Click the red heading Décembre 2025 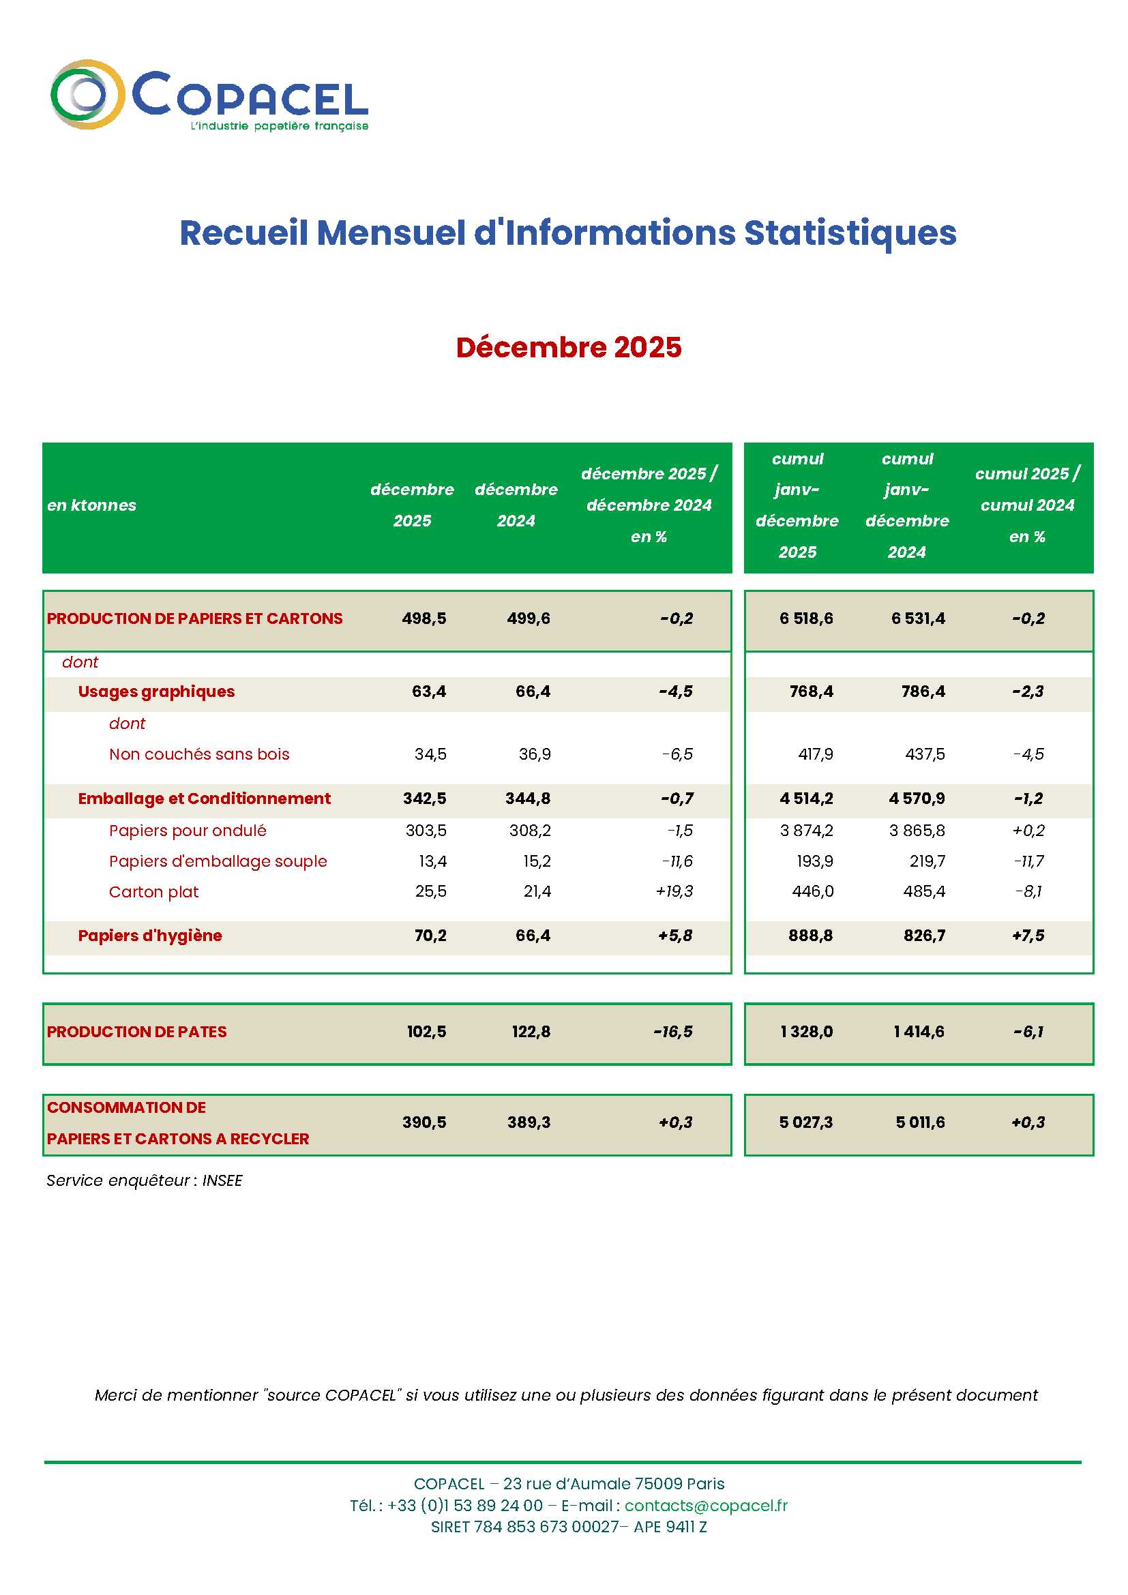568,347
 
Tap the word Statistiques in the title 850,233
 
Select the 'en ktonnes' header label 91,505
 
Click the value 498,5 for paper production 424,618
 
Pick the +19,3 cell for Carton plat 674,891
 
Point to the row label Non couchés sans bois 198,754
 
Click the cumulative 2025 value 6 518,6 805,618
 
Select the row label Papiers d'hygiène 150,936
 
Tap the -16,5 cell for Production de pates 672,1032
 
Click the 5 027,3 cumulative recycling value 805,1122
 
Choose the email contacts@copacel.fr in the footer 706,1506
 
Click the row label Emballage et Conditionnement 204,799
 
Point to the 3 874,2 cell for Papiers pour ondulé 806,830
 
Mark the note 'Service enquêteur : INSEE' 145,1180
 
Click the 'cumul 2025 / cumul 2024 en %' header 1026,505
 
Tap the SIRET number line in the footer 568,1526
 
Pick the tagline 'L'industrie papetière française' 279,126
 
